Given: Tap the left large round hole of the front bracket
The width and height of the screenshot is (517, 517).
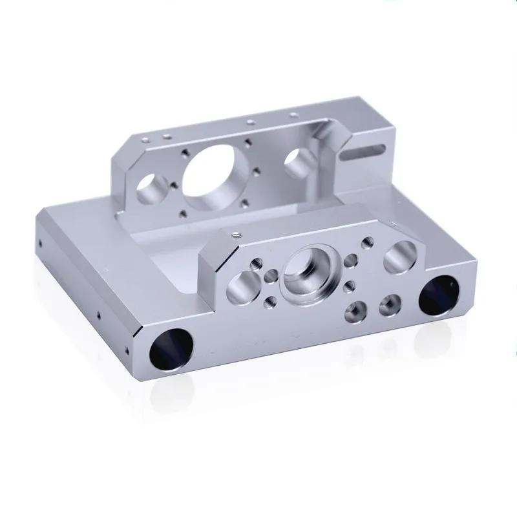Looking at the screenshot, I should click(x=240, y=285).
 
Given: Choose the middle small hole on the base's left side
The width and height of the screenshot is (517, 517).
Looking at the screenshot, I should click(x=98, y=316).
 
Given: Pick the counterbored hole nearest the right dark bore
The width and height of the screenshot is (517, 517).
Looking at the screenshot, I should click(x=390, y=302).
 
